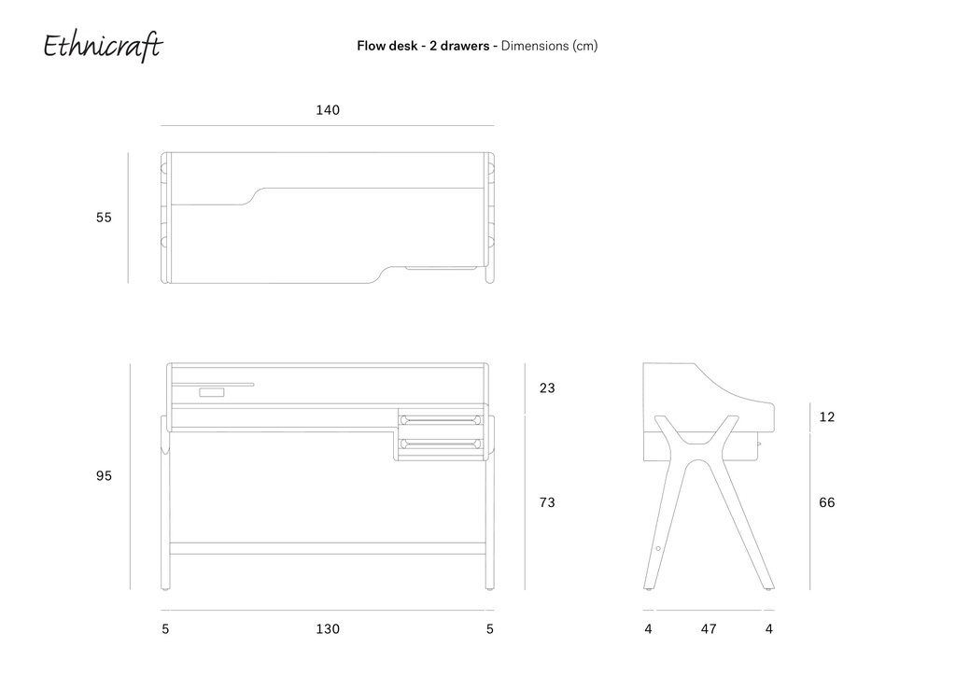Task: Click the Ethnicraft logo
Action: [x=103, y=47]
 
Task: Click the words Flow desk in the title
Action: [x=387, y=46]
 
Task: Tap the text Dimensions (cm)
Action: [x=549, y=46]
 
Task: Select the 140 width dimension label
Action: [x=328, y=110]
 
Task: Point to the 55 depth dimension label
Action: [x=104, y=217]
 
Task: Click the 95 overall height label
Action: [x=104, y=475]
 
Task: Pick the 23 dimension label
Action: [x=547, y=387]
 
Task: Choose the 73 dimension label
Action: [x=547, y=502]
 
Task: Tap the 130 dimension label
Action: [x=328, y=628]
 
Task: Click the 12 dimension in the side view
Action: [x=827, y=417]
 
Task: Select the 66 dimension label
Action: [x=827, y=502]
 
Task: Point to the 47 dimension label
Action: [x=709, y=628]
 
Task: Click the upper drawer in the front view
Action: [x=441, y=420]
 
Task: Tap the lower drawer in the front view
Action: [x=441, y=444]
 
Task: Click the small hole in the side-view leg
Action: [x=658, y=549]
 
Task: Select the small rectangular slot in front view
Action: [x=212, y=392]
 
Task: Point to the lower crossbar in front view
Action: [x=328, y=549]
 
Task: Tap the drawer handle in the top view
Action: [x=442, y=268]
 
